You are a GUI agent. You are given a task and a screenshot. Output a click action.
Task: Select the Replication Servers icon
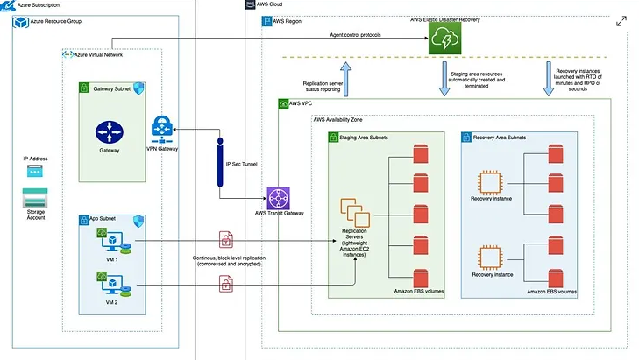355,213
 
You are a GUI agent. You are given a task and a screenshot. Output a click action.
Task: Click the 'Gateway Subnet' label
111,89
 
